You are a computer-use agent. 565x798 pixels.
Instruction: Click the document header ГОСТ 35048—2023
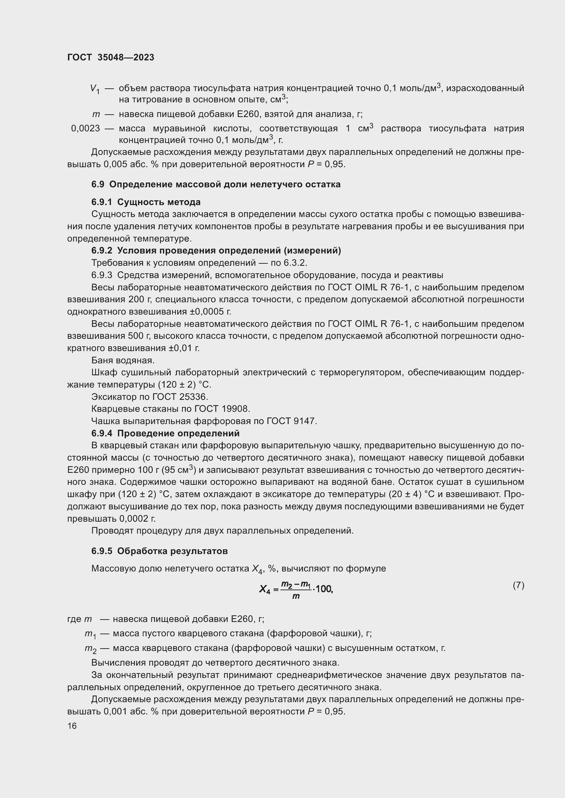click(x=111, y=58)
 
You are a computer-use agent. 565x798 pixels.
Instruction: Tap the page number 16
click(x=72, y=726)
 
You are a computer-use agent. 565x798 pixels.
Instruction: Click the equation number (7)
click(x=518, y=585)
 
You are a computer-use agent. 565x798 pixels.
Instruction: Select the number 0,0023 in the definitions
click(x=86, y=129)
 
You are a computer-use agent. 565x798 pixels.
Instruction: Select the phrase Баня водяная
click(x=123, y=360)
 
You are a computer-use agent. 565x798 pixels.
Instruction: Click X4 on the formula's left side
click(x=264, y=589)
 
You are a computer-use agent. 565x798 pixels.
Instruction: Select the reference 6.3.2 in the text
click(x=295, y=263)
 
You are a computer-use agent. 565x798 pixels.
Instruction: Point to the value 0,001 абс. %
click(x=126, y=711)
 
